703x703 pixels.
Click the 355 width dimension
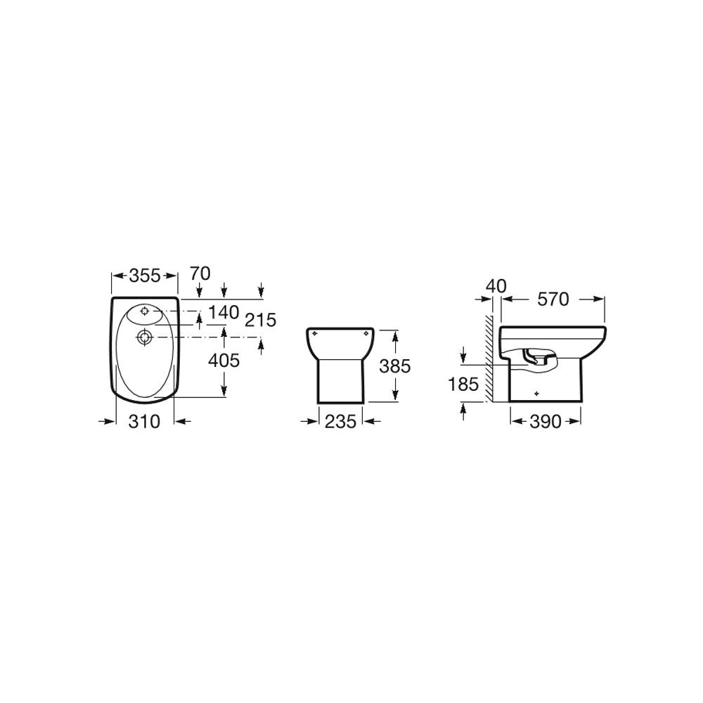pyautogui.click(x=144, y=276)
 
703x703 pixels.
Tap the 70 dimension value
pyautogui.click(x=200, y=273)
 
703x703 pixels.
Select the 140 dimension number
pyautogui.click(x=224, y=313)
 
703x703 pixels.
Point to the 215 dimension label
pyautogui.click(x=261, y=320)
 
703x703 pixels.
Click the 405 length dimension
pyautogui.click(x=224, y=360)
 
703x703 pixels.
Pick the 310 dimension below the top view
pyautogui.click(x=144, y=421)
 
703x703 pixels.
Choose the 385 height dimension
pyautogui.click(x=395, y=366)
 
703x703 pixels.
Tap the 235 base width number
pyautogui.click(x=340, y=421)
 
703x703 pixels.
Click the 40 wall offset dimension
pyautogui.click(x=496, y=285)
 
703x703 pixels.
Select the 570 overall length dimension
pyautogui.click(x=553, y=299)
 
